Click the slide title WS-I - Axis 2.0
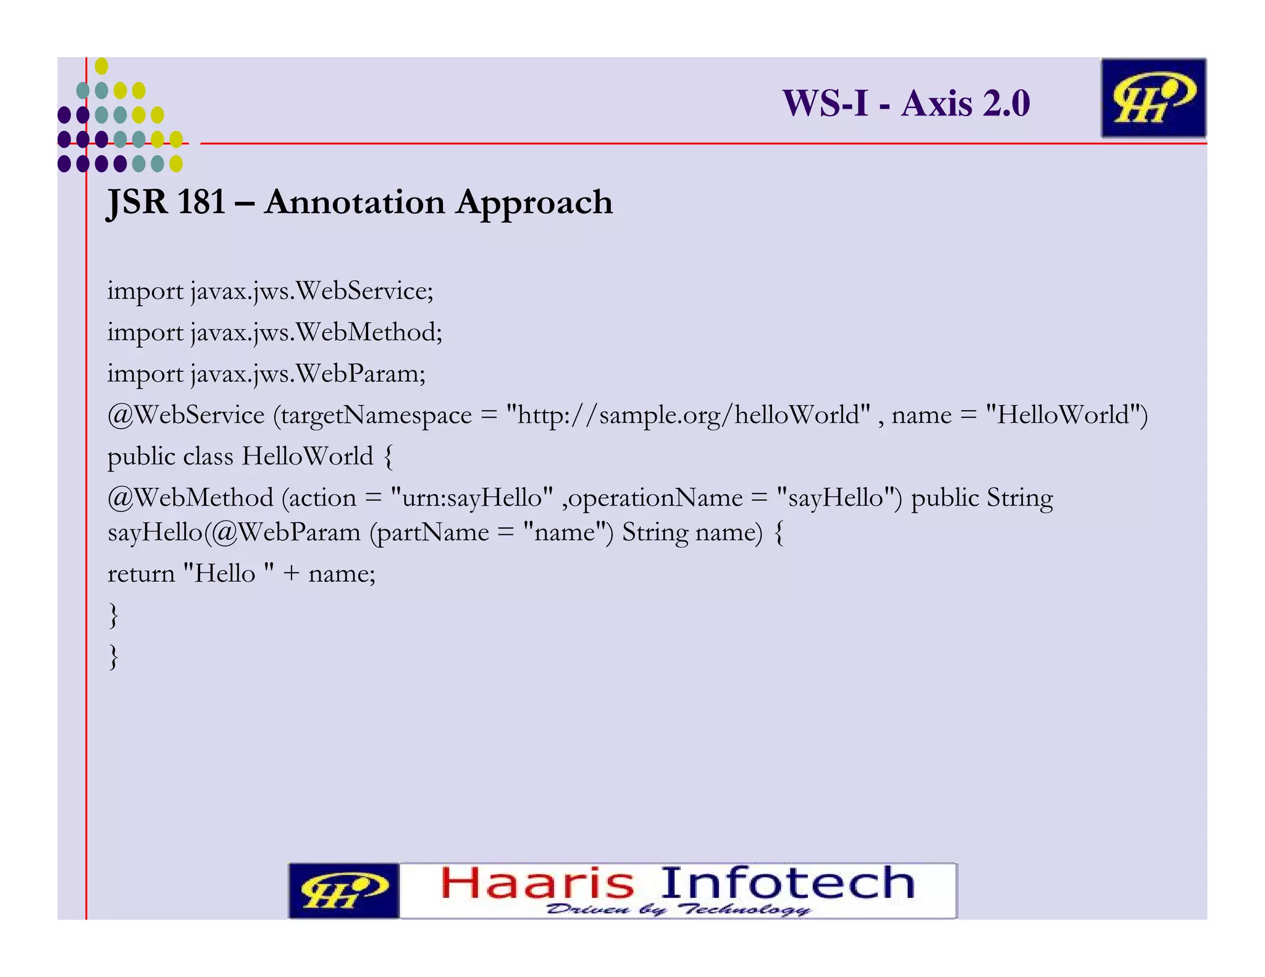click(x=906, y=103)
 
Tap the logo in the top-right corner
click(x=1153, y=98)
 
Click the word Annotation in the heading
click(x=355, y=202)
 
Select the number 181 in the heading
click(x=201, y=202)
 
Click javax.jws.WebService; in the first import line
click(x=312, y=291)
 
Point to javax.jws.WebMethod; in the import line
click(x=316, y=332)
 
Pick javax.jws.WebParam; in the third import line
click(x=308, y=374)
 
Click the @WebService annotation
click(x=186, y=415)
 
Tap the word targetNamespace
click(x=376, y=415)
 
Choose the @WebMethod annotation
click(x=190, y=498)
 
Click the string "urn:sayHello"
click(x=472, y=498)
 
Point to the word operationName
click(x=655, y=498)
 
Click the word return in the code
click(x=141, y=574)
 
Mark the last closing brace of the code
click(x=113, y=656)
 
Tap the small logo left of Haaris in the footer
click(x=344, y=891)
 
